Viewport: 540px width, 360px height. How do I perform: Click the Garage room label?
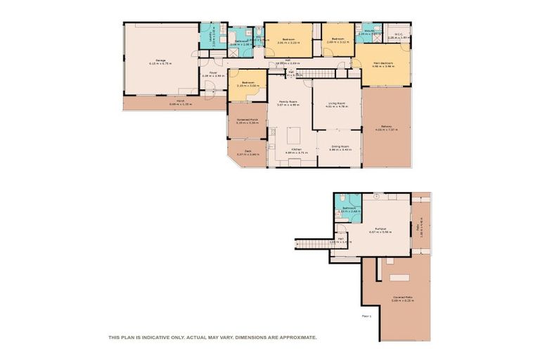click(160, 61)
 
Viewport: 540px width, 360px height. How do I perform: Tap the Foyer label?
click(212, 74)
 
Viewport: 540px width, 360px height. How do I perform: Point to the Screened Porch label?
click(247, 120)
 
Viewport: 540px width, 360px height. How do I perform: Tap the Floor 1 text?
click(366, 316)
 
